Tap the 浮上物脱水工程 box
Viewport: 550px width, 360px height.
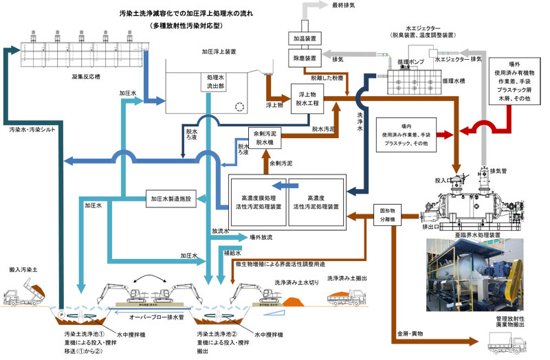tap(311, 97)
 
